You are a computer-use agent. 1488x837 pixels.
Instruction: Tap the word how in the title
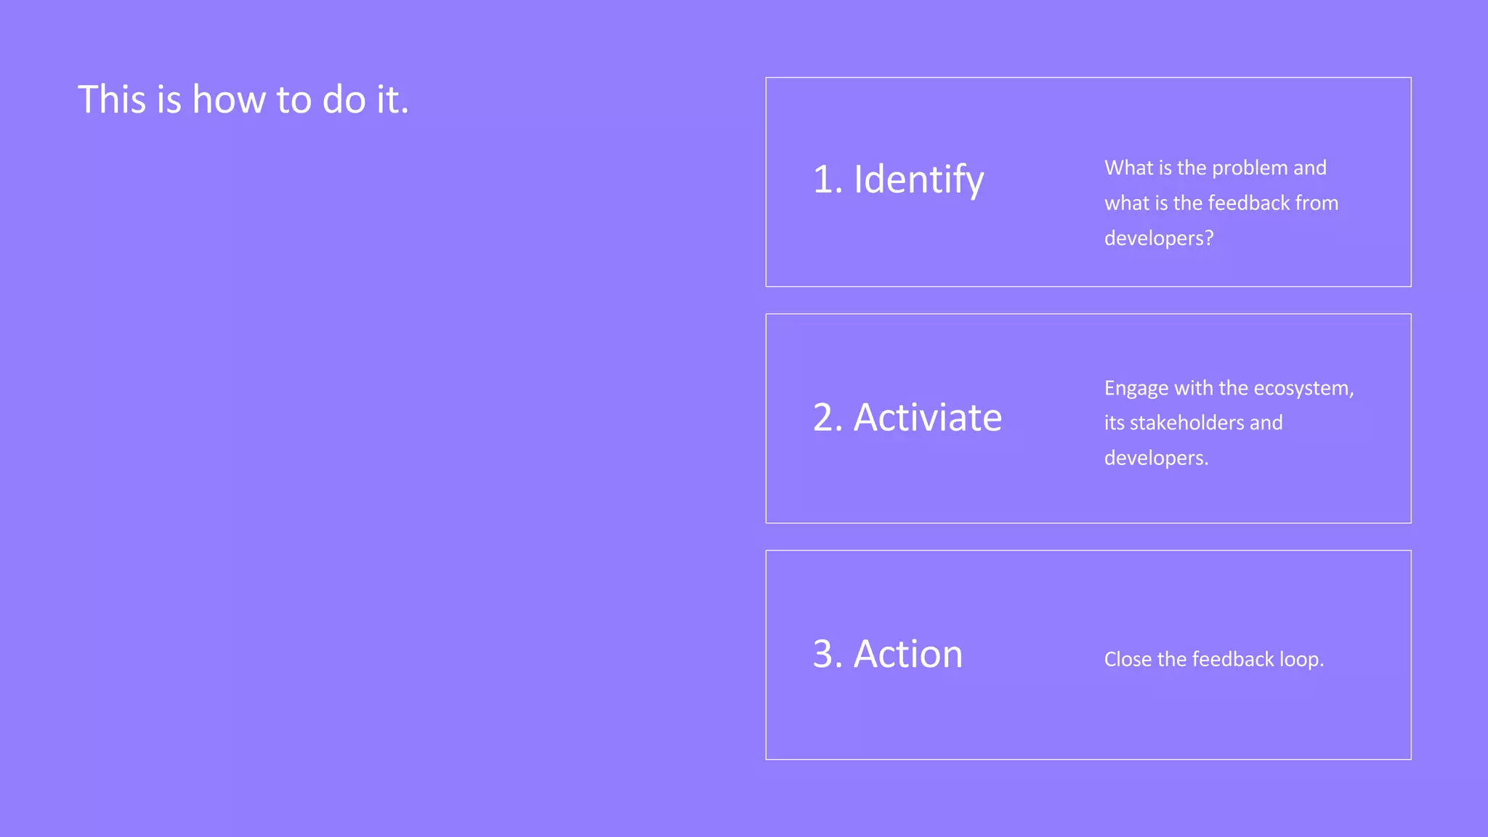(229, 100)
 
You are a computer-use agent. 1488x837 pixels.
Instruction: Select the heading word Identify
(918, 179)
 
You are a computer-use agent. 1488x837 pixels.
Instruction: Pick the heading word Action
(907, 654)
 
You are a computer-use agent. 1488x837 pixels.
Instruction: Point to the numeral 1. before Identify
(828, 179)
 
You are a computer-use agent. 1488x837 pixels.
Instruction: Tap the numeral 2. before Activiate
(828, 418)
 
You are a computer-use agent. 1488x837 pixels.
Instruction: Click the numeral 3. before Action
(828, 654)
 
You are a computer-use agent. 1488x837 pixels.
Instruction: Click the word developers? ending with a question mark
(1159, 238)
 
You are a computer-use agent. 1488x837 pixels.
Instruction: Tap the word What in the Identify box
(1128, 169)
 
